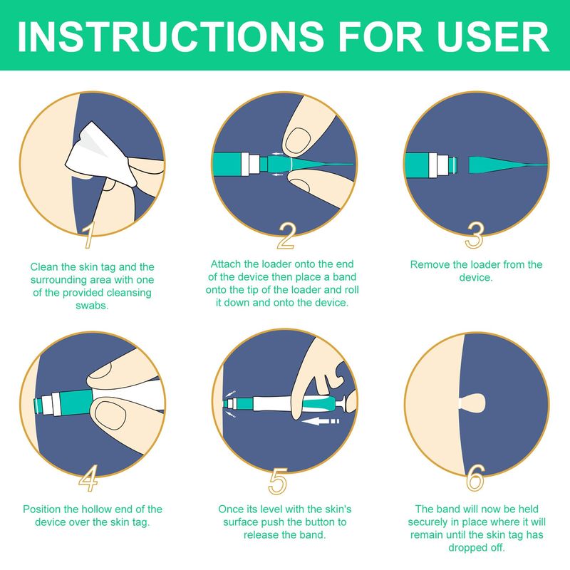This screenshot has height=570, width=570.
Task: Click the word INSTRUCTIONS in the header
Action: point(170,36)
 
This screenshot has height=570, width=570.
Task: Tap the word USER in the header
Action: point(493,36)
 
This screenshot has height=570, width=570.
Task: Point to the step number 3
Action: point(475,235)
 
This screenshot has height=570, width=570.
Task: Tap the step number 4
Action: point(88,478)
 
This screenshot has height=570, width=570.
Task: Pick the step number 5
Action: point(278,482)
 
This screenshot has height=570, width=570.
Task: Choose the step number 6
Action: point(476,477)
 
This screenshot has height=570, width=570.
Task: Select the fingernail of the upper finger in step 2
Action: point(298,140)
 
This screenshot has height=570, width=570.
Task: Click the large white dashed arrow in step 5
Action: point(321,421)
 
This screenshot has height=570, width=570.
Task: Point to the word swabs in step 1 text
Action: point(92,306)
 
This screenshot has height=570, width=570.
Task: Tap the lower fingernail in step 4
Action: point(110,415)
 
